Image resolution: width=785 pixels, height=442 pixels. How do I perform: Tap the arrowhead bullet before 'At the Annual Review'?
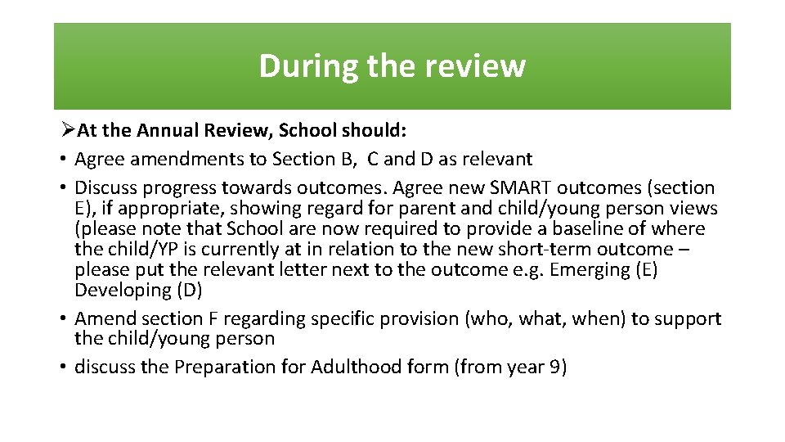pyautogui.click(x=69, y=131)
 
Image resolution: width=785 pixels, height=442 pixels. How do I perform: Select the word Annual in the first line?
pyautogui.click(x=164, y=131)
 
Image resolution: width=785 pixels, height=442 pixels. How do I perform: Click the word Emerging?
pyautogui.click(x=586, y=269)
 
